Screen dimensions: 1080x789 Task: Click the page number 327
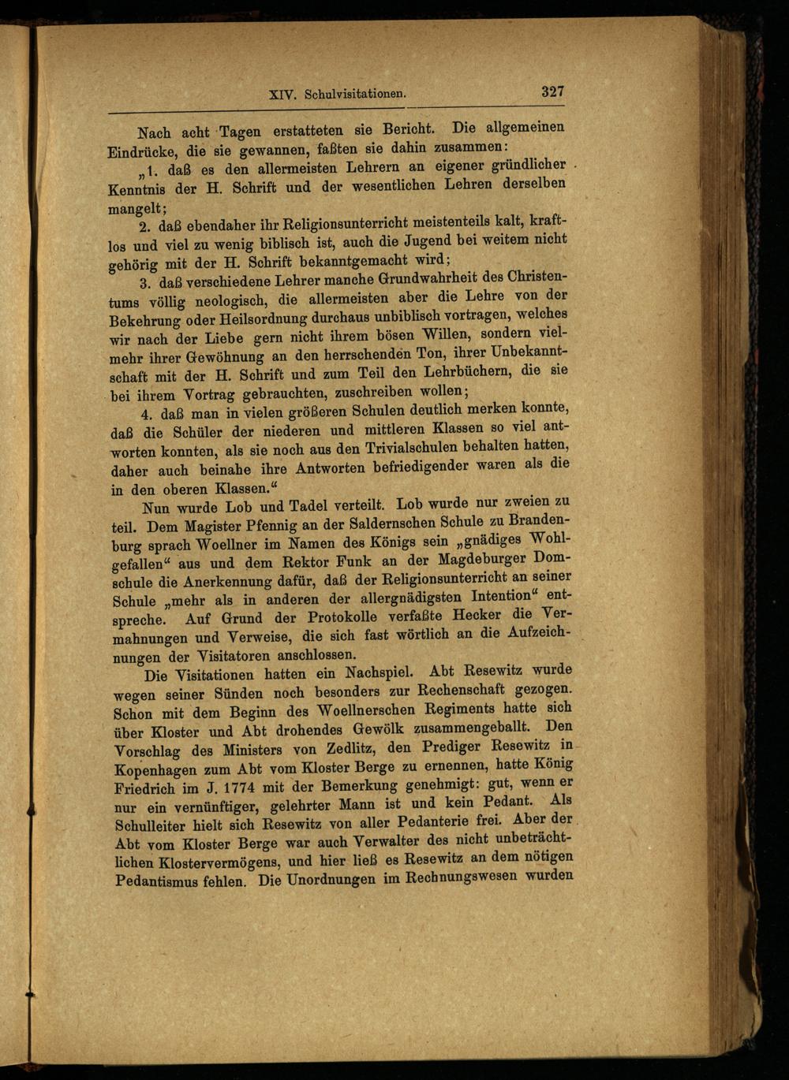click(552, 91)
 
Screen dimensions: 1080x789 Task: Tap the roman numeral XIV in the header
click(282, 94)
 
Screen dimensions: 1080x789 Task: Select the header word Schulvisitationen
click(355, 94)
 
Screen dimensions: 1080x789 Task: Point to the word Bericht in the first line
click(406, 129)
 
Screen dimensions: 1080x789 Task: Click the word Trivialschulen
click(417, 449)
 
